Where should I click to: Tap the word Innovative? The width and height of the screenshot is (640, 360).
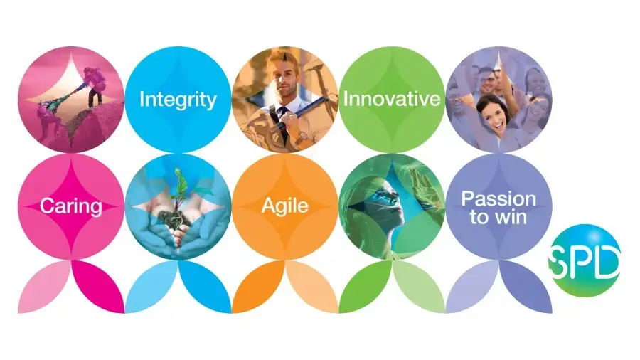pos(392,99)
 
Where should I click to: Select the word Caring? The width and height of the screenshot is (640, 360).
pos(71,206)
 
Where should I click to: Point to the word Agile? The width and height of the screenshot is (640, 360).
pos(285,206)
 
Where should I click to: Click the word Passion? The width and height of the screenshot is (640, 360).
pos(498,198)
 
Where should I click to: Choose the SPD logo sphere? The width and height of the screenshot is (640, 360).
pos(585,260)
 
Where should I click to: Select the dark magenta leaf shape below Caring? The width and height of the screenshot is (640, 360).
pos(98,287)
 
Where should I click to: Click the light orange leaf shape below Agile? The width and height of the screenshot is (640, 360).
pos(312,287)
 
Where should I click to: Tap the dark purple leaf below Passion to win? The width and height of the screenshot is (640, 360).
pos(526,287)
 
